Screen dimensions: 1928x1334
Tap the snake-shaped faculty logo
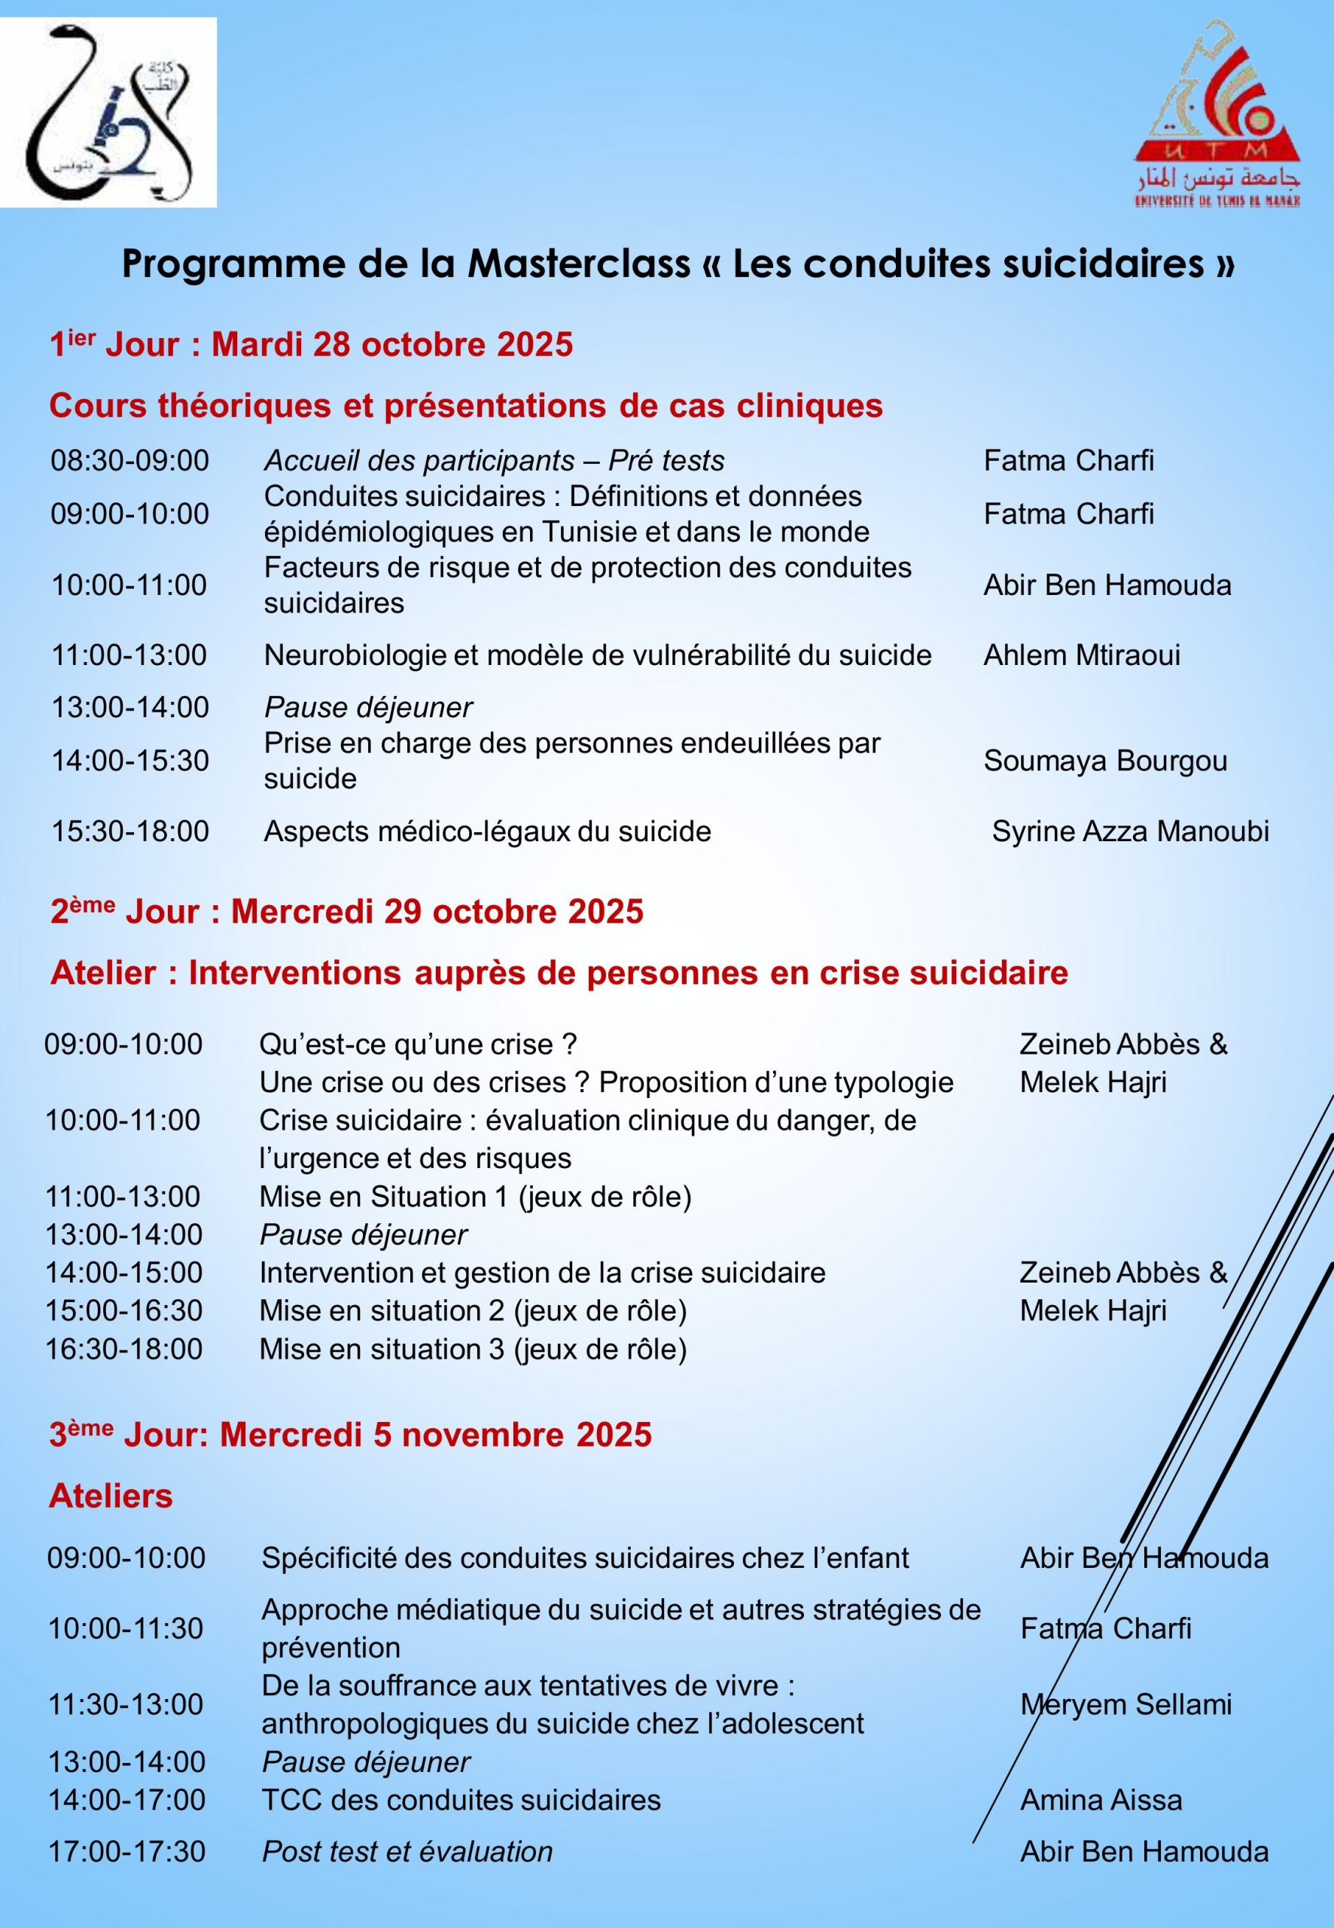pos(108,113)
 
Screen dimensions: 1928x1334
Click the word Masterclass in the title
pos(579,264)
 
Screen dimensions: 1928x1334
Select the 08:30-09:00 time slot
pos(129,461)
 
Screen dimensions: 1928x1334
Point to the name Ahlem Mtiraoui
pos(1082,654)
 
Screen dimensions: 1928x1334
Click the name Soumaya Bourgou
pos(1105,761)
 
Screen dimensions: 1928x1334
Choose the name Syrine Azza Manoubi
pos(1130,831)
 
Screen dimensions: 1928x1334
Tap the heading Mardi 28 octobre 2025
pos(392,344)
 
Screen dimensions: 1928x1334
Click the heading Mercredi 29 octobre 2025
pos(437,911)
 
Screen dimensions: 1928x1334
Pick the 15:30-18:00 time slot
pos(129,831)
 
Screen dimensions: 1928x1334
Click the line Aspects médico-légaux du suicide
pos(487,831)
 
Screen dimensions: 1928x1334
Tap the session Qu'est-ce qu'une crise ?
pos(418,1045)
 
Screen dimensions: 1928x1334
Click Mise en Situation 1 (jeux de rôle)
pos(475,1197)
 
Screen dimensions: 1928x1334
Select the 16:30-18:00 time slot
pos(123,1349)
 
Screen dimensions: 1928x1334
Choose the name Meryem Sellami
pos(1126,1705)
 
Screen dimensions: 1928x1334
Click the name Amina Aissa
pos(1101,1800)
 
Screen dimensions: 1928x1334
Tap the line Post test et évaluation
pos(407,1852)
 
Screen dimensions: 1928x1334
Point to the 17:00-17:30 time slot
pos(126,1852)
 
